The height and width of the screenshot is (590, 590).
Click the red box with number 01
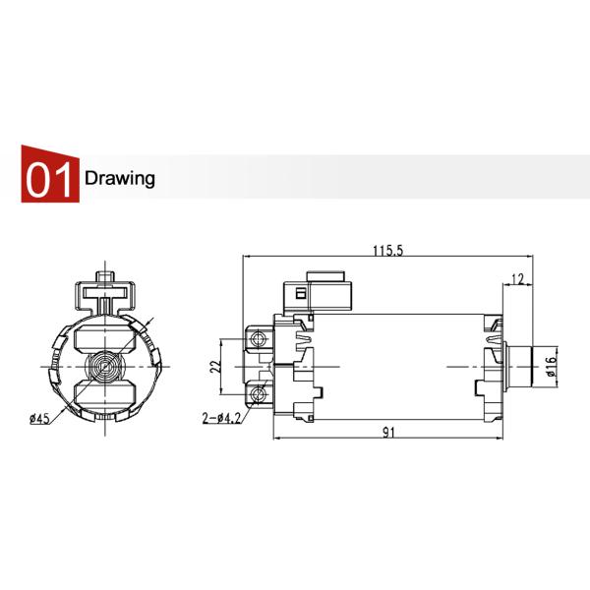pyautogui.click(x=49, y=179)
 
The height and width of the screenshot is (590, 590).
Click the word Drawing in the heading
pyautogui.click(x=120, y=179)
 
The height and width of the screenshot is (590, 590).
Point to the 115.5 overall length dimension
pyautogui.click(x=387, y=251)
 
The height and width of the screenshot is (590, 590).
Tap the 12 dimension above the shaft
pyautogui.click(x=518, y=279)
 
